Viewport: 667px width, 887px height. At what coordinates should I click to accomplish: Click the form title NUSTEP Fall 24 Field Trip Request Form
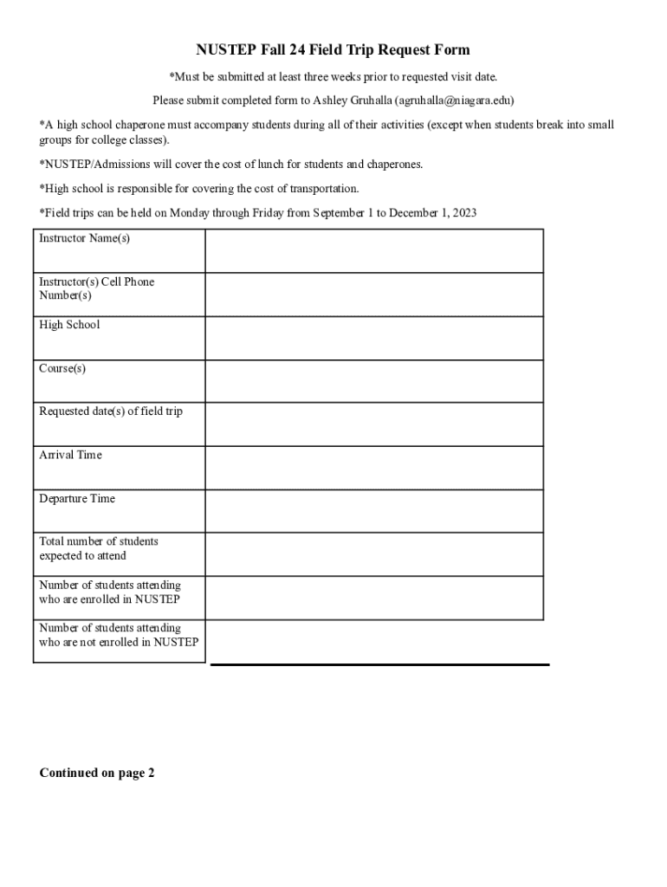point(333,50)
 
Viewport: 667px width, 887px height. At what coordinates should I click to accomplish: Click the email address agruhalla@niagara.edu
point(452,100)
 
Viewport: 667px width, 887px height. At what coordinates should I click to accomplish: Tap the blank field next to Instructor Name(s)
point(373,251)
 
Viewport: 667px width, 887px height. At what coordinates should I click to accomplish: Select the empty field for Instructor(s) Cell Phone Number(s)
point(373,295)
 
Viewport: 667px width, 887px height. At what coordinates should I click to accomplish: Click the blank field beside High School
point(373,338)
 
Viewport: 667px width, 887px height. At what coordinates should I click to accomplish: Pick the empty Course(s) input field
point(373,381)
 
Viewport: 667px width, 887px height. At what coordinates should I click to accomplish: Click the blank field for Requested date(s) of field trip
point(373,424)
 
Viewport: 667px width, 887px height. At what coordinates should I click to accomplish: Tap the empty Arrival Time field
point(373,468)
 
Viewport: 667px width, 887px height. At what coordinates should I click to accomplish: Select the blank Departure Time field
point(373,511)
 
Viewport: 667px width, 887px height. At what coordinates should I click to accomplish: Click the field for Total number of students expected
point(373,554)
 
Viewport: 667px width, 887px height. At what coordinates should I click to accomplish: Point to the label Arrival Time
point(70,455)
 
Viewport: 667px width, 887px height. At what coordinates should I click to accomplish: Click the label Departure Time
point(77,499)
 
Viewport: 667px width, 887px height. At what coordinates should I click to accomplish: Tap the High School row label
point(69,325)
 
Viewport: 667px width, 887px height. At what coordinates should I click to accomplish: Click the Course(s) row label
point(62,369)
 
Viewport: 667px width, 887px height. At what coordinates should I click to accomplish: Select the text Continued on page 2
point(97,774)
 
